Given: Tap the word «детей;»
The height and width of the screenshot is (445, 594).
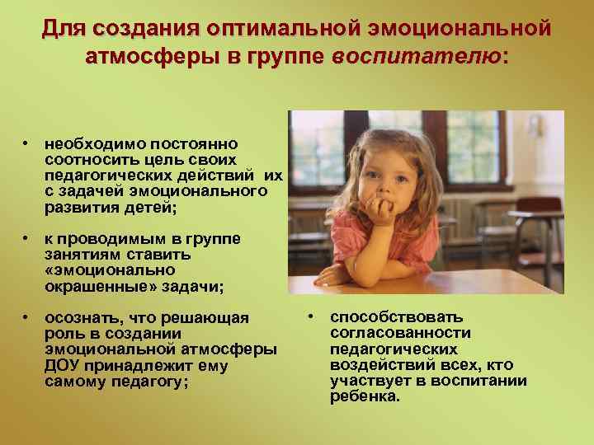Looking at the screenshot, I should tap(151, 206).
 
